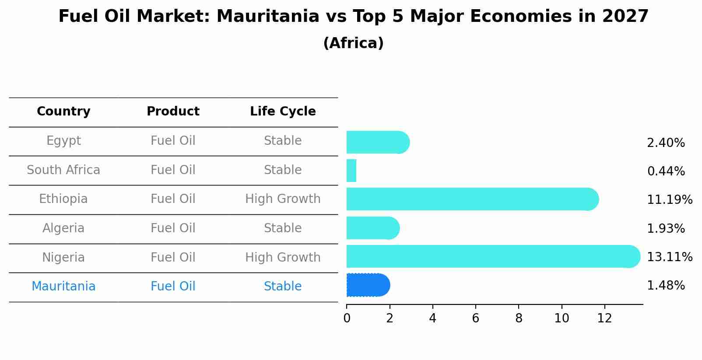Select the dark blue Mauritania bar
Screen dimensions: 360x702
[368, 285]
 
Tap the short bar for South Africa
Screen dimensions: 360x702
[351, 171]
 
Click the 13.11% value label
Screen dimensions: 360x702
[669, 257]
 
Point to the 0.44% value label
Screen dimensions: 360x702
[666, 171]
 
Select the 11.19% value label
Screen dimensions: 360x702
[669, 200]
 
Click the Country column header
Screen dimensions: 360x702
[63, 112]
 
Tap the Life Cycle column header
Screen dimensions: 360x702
[283, 112]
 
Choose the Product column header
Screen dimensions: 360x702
[173, 112]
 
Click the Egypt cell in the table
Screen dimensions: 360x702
[63, 141]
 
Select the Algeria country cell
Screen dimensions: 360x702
[63, 228]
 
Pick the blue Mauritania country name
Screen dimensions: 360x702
[63, 287]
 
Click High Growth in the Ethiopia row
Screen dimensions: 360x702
[283, 199]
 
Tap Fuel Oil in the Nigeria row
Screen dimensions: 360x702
[173, 257]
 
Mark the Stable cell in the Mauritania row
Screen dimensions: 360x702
[283, 287]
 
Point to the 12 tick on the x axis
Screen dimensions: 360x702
[604, 318]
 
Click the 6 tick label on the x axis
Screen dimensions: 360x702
[475, 318]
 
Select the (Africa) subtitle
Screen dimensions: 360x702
[353, 43]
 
